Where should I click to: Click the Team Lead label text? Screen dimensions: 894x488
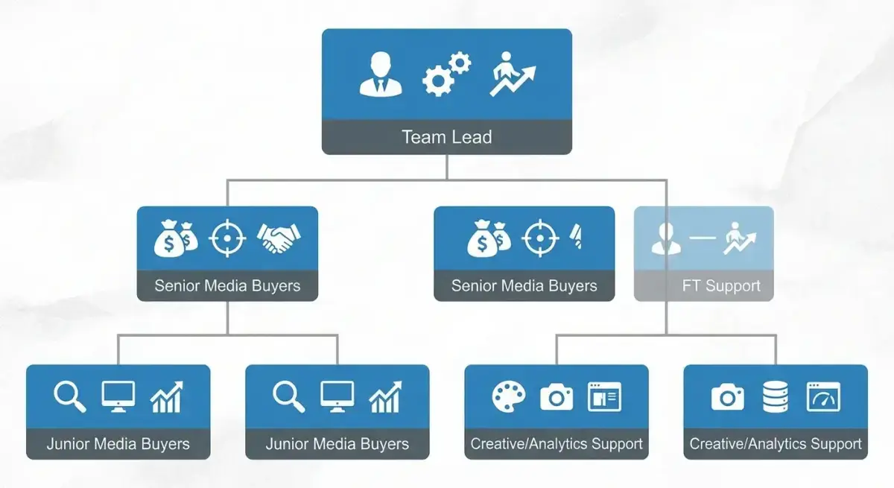[x=446, y=137]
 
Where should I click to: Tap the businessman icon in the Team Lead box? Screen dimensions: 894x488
[x=381, y=75]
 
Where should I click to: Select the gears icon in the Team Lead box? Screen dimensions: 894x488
[x=446, y=74]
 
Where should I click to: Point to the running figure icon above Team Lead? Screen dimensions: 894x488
[x=513, y=74]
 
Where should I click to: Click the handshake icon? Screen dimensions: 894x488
[x=279, y=238]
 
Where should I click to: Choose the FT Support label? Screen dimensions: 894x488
[x=721, y=285]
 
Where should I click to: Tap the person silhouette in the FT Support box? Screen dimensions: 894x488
[x=666, y=238]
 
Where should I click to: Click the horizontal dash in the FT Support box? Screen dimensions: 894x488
[x=703, y=238]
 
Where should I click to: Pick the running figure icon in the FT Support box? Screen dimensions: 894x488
[x=740, y=238]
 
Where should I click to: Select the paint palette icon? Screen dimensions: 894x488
[x=508, y=396]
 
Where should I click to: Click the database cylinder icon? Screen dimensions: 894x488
[x=775, y=396]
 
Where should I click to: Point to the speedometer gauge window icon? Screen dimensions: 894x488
[x=823, y=396]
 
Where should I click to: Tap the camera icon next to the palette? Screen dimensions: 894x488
[x=557, y=396]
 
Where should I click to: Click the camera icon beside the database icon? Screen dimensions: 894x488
[x=728, y=396]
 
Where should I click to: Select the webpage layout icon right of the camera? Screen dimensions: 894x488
[x=604, y=396]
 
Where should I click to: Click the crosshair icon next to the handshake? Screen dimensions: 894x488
[x=227, y=238]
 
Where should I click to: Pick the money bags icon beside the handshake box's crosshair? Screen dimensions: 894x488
[x=176, y=238]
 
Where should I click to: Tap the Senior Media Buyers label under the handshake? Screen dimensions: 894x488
[x=227, y=285]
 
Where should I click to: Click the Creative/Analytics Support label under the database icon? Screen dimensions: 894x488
[x=776, y=444]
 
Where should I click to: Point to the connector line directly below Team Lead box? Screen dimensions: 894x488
[x=446, y=167]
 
